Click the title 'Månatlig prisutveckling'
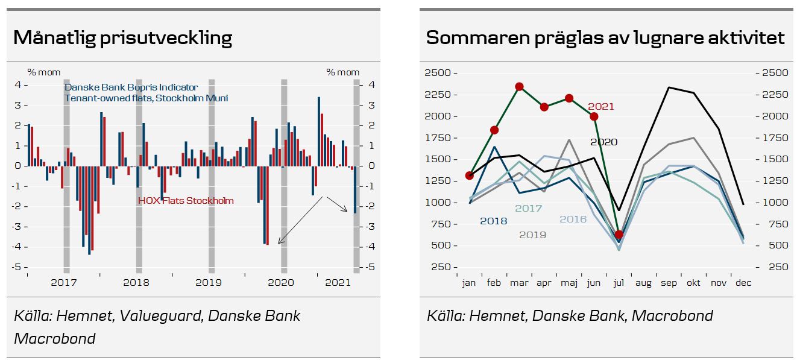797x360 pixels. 122,38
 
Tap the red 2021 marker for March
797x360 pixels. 519,87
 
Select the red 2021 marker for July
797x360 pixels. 619,235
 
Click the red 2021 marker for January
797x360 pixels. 470,175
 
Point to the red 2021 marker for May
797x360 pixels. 569,98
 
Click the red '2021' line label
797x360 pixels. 600,107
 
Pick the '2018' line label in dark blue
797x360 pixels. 493,221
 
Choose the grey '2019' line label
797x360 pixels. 532,235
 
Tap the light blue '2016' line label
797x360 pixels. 573,219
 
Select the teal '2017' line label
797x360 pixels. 528,209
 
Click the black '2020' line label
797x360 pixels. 603,142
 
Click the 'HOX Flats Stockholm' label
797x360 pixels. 186,201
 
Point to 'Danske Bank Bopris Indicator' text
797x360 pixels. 131,87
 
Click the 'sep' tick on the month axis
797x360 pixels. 668,283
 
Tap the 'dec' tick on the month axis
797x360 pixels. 743,283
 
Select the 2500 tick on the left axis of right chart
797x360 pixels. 438,73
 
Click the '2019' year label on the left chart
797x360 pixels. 208,282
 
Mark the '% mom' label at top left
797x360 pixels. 44,72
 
